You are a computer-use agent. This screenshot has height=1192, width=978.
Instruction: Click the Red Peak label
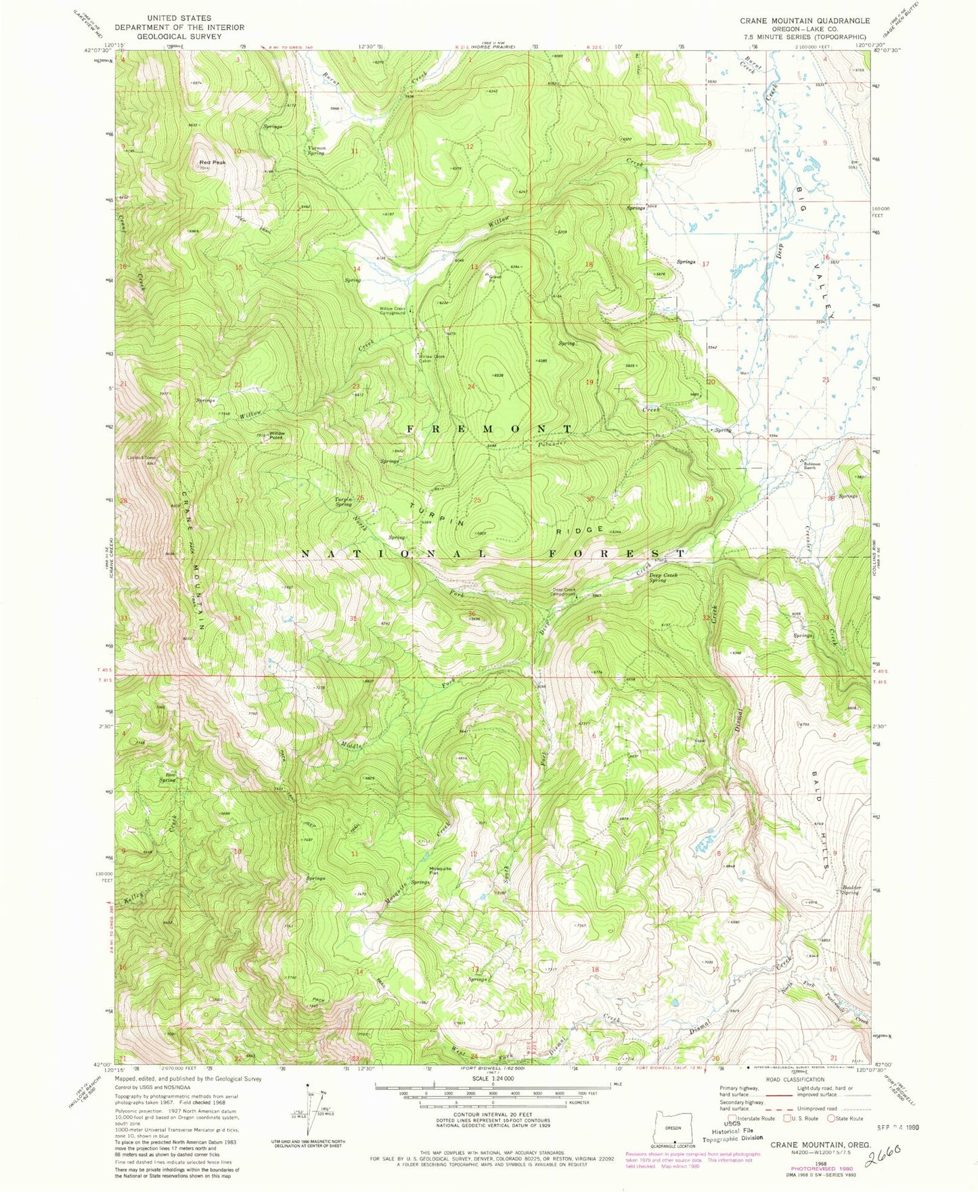pyautogui.click(x=212, y=162)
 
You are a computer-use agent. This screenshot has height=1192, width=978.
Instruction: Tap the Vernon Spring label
pyautogui.click(x=316, y=150)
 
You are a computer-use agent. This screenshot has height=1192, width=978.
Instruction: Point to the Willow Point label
pyautogui.click(x=277, y=435)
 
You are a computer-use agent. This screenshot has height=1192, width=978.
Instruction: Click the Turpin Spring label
pyautogui.click(x=344, y=502)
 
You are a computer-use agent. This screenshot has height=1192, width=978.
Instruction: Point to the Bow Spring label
pyautogui.click(x=167, y=777)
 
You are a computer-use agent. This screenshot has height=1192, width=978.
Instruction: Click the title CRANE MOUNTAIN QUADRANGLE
pyautogui.click(x=805, y=21)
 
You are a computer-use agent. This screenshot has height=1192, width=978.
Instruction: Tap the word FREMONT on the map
pyautogui.click(x=490, y=428)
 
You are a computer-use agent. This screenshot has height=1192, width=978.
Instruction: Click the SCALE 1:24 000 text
pyautogui.click(x=492, y=1078)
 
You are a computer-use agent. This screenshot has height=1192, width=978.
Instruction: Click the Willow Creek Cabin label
pyautogui.click(x=432, y=359)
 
